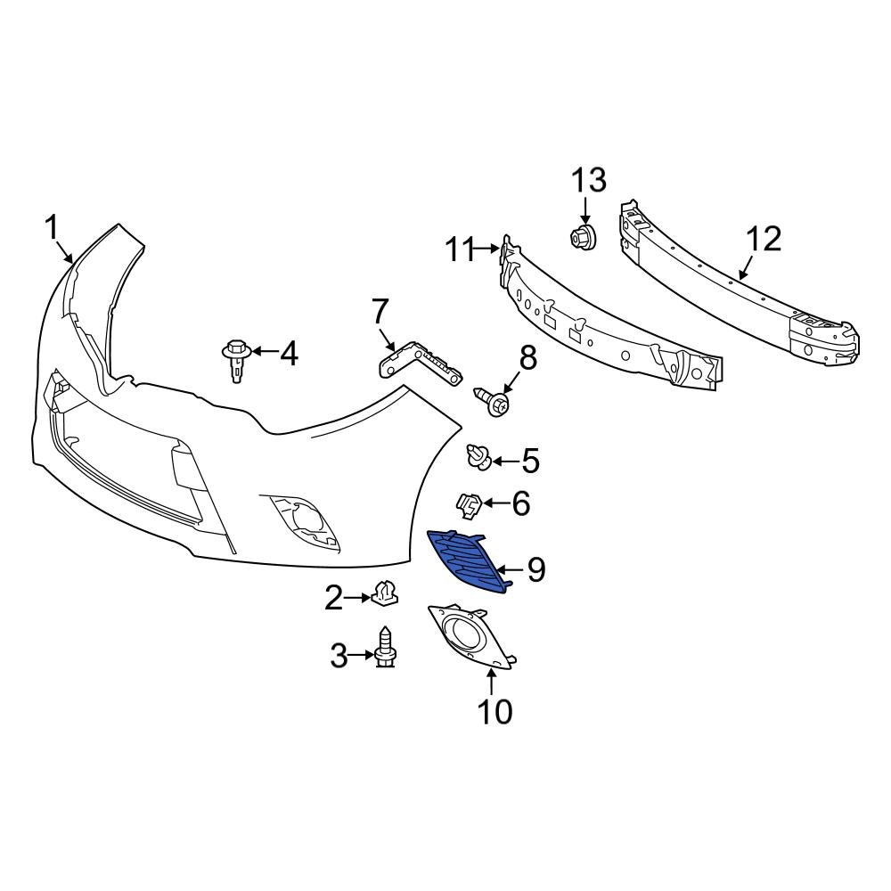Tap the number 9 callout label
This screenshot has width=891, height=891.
[535, 569]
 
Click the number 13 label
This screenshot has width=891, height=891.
[588, 181]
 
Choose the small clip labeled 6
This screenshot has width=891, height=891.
[470, 505]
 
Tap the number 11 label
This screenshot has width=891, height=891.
[462, 250]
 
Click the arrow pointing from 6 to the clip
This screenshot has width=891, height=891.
[495, 505]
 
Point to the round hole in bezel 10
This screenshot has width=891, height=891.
[464, 634]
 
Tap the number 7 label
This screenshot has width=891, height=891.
[380, 312]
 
